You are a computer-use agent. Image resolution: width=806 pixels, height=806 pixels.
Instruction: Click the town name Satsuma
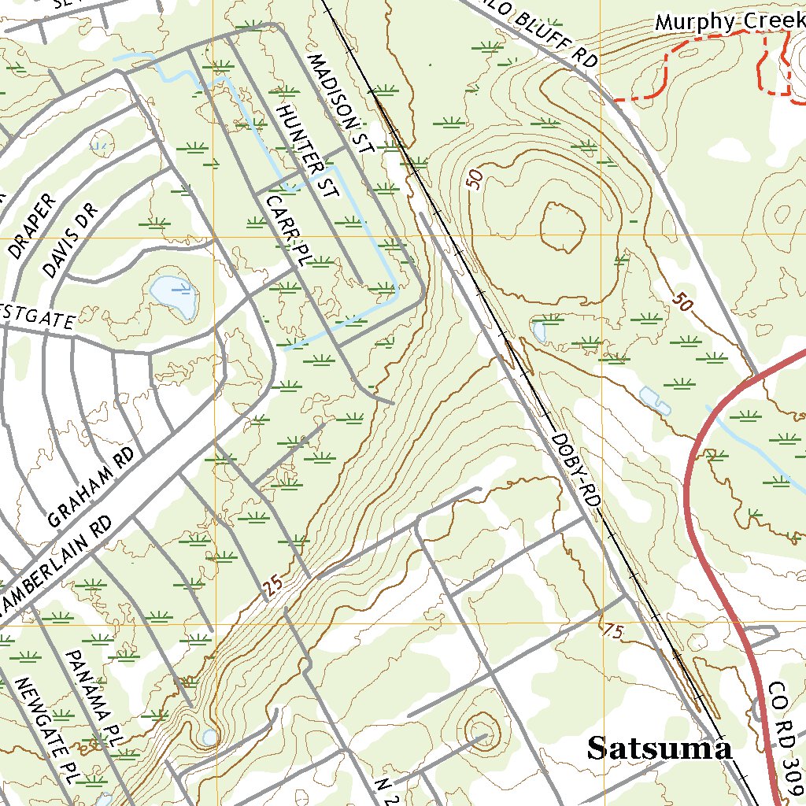660,749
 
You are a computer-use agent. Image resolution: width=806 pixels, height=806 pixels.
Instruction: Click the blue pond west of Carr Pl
174,295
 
